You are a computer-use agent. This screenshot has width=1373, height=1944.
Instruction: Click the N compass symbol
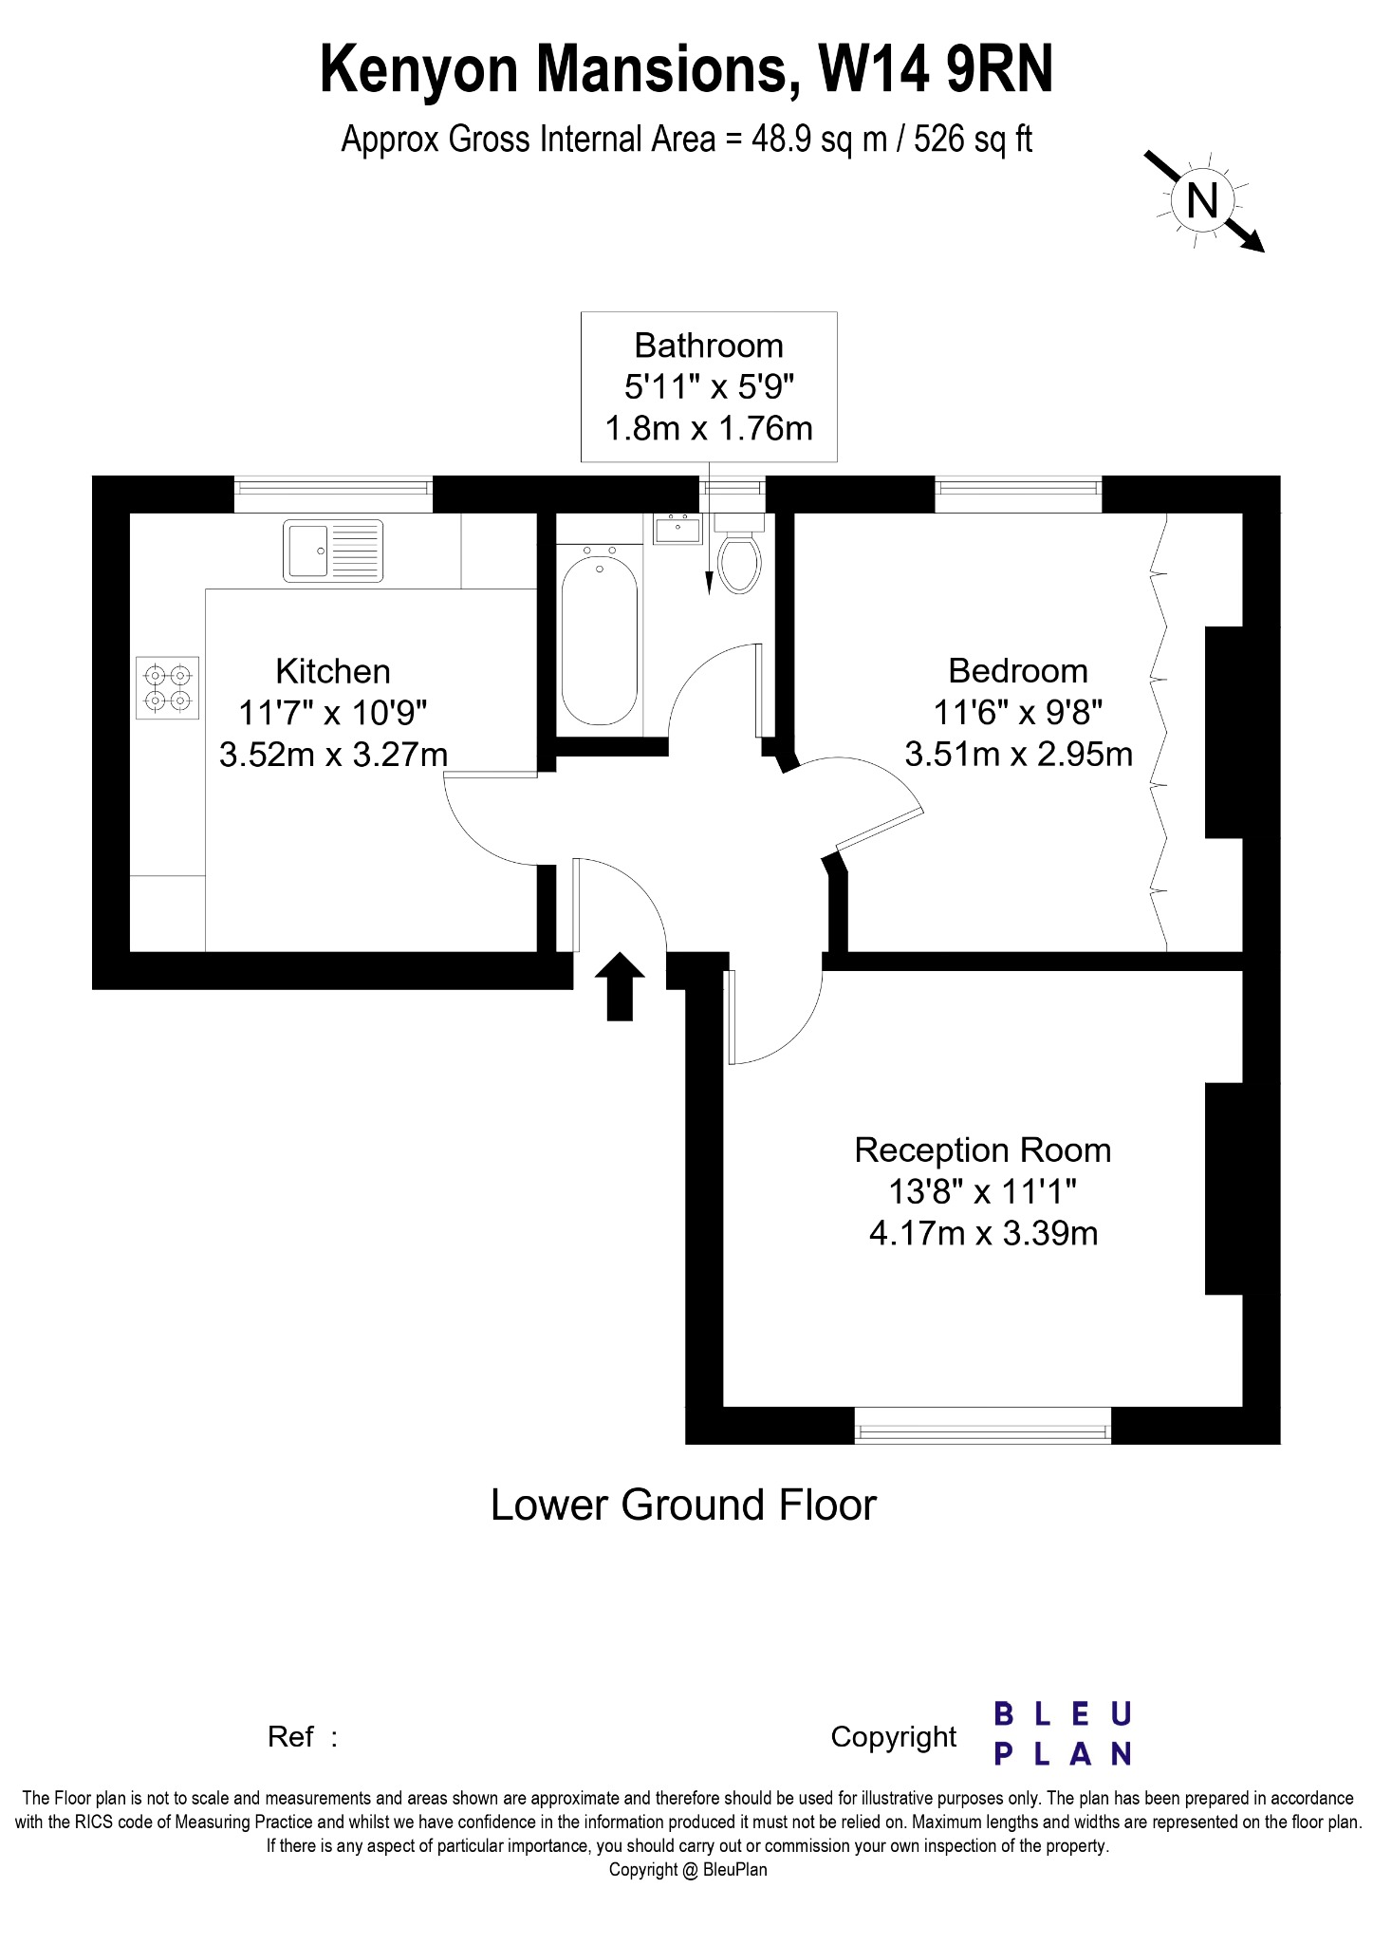[1203, 201]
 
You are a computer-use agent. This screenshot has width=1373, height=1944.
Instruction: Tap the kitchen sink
[333, 551]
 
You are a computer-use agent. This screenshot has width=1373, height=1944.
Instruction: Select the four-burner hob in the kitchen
[168, 688]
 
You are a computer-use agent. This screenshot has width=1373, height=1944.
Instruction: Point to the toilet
[739, 554]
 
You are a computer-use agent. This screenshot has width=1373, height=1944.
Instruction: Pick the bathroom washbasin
[677, 529]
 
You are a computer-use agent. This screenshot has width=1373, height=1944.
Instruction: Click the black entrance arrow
[620, 986]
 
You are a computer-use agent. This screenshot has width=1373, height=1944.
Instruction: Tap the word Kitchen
[333, 671]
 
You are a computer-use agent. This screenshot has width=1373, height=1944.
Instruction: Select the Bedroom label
[1018, 671]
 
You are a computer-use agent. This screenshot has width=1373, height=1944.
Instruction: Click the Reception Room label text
[983, 1150]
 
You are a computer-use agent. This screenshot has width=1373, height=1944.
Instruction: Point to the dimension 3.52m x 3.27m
[333, 755]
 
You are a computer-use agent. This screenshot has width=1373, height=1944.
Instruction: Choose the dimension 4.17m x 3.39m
[984, 1233]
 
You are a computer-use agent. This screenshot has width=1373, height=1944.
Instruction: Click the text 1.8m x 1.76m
[709, 428]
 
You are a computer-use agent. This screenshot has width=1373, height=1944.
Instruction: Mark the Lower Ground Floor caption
[683, 1505]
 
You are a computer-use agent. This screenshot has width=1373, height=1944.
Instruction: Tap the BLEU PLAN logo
[1063, 1733]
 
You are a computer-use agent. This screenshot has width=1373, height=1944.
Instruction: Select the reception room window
[982, 1425]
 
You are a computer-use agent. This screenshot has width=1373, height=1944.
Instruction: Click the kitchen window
[333, 494]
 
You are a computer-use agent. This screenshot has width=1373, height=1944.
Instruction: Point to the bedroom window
[1018, 494]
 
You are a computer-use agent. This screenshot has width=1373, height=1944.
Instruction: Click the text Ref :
[303, 1737]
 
